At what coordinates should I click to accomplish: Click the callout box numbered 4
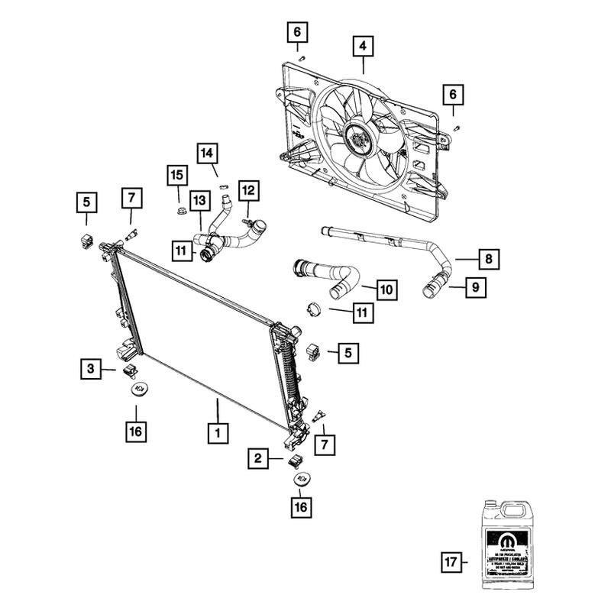[363, 47]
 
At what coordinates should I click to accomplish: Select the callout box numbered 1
[218, 433]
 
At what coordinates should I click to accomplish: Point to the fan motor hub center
[356, 139]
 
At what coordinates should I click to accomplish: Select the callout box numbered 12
[249, 189]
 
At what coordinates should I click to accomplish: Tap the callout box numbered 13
[199, 201]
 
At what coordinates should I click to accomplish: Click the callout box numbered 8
[490, 260]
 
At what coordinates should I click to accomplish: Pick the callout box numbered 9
[474, 288]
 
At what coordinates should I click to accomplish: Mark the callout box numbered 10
[386, 289]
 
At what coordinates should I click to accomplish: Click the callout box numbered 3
[91, 370]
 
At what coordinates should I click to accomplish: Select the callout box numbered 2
[258, 458]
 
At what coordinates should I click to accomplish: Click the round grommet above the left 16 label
[138, 390]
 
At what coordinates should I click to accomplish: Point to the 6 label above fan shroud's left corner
[298, 32]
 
